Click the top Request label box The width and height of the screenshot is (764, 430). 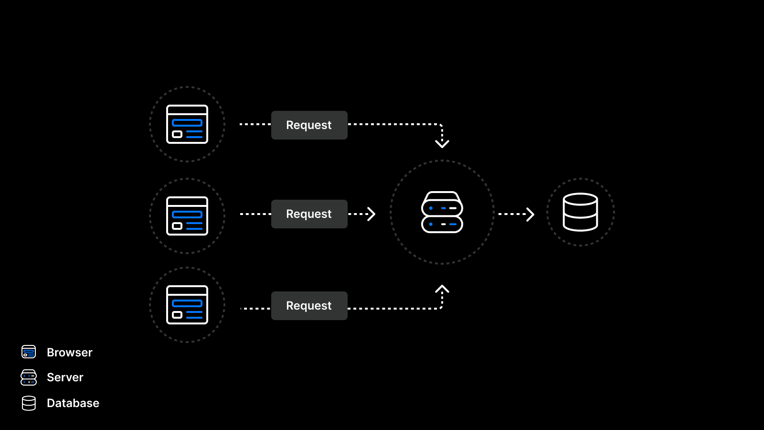point(309,125)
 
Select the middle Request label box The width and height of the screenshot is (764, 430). point(309,214)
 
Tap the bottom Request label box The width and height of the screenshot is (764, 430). point(309,306)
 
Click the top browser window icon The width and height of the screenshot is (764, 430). point(187,124)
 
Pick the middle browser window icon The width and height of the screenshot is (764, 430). point(187,216)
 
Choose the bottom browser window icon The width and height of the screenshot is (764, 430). point(187,305)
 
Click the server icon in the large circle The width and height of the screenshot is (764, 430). point(442,213)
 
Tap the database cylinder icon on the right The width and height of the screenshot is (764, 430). point(580,212)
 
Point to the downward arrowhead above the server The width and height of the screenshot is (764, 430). point(442,143)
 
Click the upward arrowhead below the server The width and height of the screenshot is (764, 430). point(442,289)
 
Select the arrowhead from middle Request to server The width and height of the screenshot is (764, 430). point(371,214)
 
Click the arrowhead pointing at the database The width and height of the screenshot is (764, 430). point(530,214)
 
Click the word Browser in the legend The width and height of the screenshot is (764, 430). point(70,353)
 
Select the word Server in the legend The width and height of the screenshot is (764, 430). point(65,377)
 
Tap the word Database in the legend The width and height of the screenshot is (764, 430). point(73,403)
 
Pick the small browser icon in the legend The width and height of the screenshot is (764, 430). point(29,352)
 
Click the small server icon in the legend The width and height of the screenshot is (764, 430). point(29,377)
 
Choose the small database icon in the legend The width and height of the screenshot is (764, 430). point(29,403)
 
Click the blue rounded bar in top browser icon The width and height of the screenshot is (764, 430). point(187,123)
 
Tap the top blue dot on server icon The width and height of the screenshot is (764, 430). point(431,208)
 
